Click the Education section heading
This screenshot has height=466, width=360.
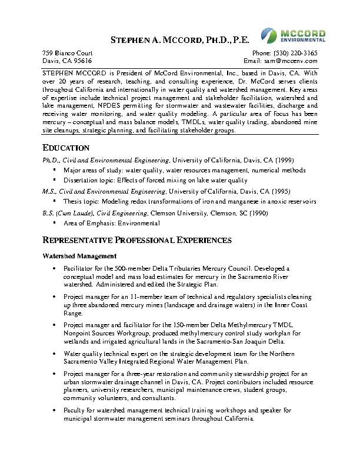66,148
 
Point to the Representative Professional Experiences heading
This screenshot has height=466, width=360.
137,240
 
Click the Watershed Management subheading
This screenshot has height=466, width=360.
80,256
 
